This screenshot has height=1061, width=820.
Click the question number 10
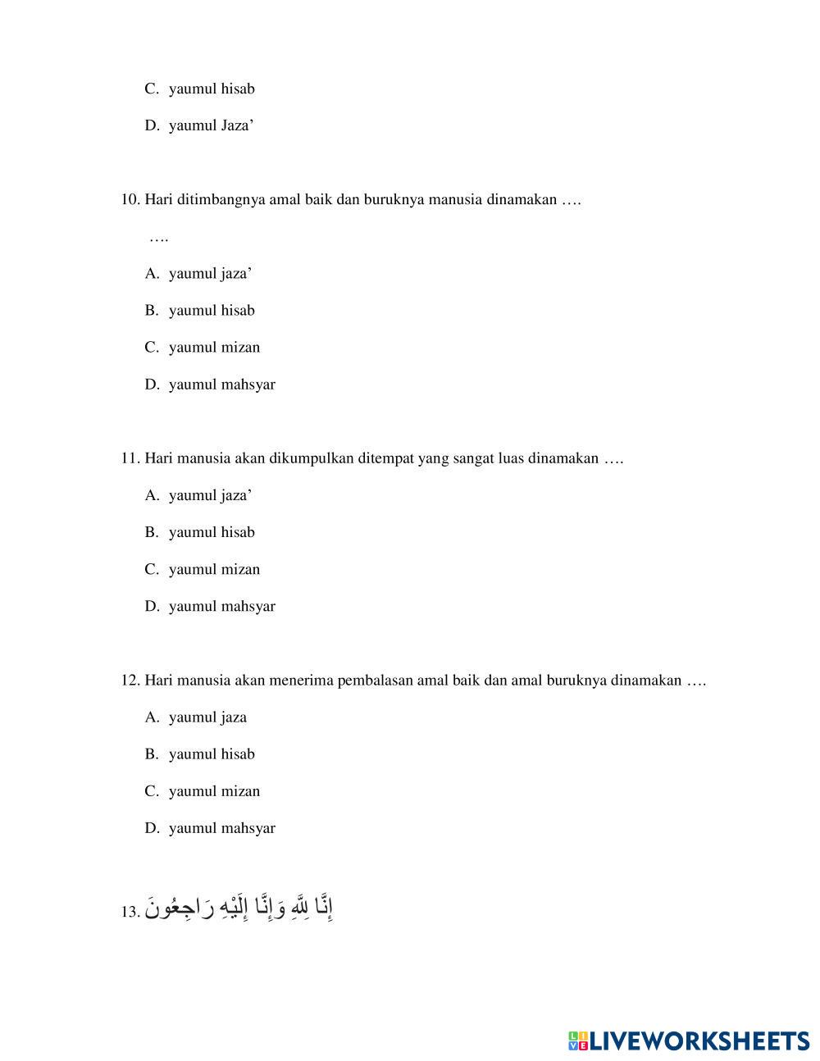(130, 199)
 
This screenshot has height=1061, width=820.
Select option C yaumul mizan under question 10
(214, 347)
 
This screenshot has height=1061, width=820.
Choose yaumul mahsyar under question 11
(221, 606)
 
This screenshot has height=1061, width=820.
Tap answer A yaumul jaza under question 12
(207, 717)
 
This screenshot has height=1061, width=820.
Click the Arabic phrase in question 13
(241, 908)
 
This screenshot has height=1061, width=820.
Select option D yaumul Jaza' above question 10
(211, 125)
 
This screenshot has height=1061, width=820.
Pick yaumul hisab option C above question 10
(212, 89)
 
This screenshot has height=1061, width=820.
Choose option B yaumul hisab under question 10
(212, 310)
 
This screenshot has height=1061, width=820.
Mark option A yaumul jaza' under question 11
(210, 494)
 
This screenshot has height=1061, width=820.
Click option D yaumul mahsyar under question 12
(221, 827)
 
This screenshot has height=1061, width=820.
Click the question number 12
(130, 680)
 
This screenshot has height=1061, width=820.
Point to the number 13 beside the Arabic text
(130, 912)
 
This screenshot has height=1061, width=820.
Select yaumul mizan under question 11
(214, 569)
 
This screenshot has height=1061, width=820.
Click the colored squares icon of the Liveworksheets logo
(577, 1041)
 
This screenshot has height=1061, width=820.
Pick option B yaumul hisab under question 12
(212, 754)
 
